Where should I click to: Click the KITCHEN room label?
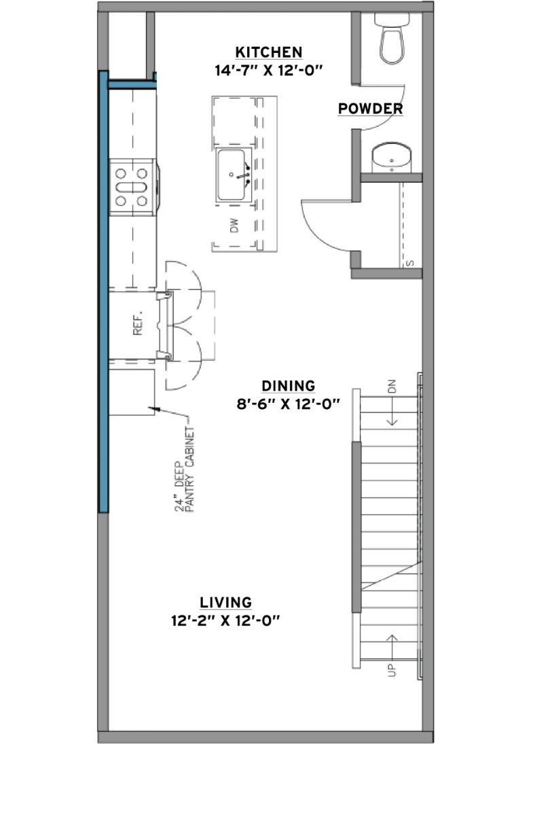click(x=268, y=52)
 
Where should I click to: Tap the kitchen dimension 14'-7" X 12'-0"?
click(x=268, y=71)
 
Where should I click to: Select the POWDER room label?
click(x=370, y=109)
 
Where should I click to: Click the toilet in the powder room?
click(x=392, y=39)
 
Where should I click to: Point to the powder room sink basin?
click(x=392, y=158)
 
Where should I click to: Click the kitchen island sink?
click(x=234, y=175)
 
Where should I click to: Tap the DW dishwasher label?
click(x=234, y=226)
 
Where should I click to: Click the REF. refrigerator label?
click(x=138, y=323)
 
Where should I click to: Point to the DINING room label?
click(x=289, y=386)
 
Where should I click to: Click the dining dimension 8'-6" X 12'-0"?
click(x=289, y=404)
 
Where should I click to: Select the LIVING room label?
click(x=225, y=603)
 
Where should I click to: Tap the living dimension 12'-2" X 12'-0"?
click(x=225, y=621)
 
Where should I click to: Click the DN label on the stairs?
click(x=392, y=387)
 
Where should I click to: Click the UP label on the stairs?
click(x=392, y=670)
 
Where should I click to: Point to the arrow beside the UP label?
click(x=392, y=647)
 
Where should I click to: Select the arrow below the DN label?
click(x=392, y=411)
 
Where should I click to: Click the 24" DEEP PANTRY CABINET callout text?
click(x=184, y=469)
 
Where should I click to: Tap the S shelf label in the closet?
click(x=411, y=263)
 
